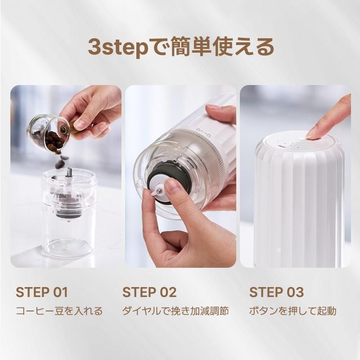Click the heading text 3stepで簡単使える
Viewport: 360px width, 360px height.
181,47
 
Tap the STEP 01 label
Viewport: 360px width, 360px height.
42,292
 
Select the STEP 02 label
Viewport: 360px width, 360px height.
149,292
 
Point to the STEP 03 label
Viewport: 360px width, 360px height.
276,292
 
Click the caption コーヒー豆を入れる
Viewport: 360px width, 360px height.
59,311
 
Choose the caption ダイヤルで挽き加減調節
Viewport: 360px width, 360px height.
175,311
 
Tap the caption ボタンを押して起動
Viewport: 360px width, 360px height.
293,311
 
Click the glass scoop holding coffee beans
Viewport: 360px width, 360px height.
49,134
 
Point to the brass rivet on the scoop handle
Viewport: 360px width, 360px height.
64,130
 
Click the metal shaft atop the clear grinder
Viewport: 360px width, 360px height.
69,172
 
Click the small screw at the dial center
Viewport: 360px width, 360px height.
159,190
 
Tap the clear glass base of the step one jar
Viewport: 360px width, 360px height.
68,247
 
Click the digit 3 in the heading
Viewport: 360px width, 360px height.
94,47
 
